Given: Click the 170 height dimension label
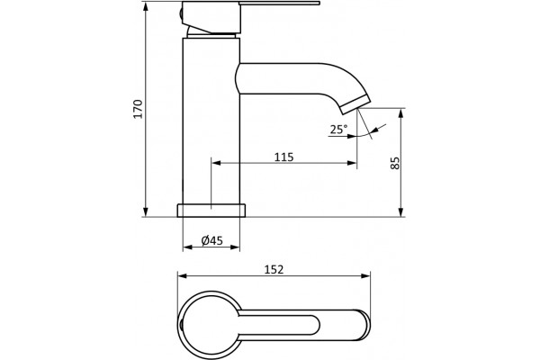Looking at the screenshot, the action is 138,109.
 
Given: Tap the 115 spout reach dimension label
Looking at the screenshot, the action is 284,157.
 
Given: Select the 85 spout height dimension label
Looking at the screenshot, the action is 395,163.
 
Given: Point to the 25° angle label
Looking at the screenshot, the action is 338,130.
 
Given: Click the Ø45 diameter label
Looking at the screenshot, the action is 212,240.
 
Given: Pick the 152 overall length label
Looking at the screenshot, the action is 274,269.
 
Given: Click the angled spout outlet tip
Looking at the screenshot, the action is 355,106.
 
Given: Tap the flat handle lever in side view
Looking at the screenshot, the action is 280,4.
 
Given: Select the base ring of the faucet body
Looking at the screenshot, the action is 211,211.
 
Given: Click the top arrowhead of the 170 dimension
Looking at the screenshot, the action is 146,6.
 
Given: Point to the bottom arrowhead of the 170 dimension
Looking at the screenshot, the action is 146,212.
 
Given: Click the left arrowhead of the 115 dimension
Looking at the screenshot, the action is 216,163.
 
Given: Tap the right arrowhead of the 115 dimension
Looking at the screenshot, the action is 352,163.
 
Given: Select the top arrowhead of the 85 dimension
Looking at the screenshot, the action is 400,112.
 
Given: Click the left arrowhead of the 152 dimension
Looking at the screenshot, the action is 182,275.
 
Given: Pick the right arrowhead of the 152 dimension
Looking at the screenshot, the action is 365,275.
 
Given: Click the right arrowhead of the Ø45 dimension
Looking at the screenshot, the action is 235,247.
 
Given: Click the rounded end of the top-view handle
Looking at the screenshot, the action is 364,325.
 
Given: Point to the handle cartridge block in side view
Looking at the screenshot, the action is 211,17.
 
